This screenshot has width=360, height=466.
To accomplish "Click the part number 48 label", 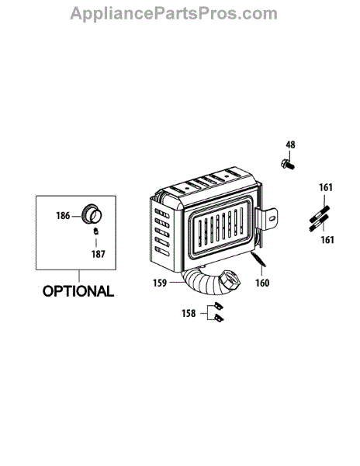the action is (x=290, y=144).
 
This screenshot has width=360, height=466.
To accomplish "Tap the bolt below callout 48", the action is (x=288, y=164).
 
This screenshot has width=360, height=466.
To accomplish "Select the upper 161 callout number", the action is (x=326, y=187).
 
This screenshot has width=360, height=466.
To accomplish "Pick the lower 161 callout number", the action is (x=327, y=239).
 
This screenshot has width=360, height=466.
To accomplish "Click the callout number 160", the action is (x=262, y=283).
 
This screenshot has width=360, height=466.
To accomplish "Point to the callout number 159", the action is (x=160, y=283).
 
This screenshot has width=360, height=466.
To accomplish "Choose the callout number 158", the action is (x=189, y=313).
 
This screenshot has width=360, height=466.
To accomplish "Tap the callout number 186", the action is (x=63, y=215).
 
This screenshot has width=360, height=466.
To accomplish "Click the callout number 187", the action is (x=99, y=254).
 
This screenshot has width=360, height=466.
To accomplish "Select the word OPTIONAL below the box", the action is (x=78, y=291).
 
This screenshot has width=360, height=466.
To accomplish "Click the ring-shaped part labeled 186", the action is (x=92, y=213).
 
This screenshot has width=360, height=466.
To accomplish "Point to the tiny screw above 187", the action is (x=96, y=231).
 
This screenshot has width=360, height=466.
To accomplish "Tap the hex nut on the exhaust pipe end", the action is (x=230, y=280).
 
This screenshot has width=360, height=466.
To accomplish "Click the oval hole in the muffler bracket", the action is (x=272, y=219).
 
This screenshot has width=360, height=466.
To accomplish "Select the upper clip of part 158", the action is (x=219, y=305).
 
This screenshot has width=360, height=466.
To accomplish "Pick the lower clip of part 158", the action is (x=219, y=318).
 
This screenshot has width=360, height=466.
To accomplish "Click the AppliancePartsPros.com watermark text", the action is (x=174, y=14).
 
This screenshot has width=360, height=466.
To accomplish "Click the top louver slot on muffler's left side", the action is (x=162, y=214).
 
